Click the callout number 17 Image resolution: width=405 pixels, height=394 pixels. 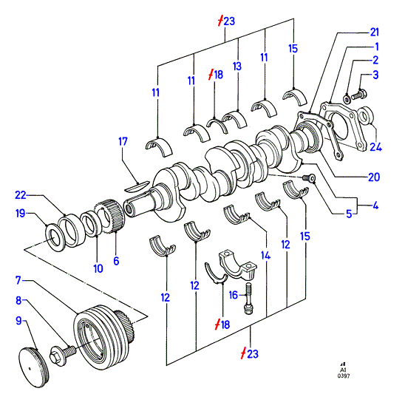click(123, 142)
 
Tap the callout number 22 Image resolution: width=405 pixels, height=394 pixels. click(21, 195)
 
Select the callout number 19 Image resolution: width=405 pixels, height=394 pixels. click(21, 214)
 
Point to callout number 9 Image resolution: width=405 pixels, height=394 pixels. click(18, 321)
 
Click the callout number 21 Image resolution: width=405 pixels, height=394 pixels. click(374, 32)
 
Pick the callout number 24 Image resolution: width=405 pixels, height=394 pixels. click(376, 147)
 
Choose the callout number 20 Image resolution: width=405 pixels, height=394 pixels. click(374, 177)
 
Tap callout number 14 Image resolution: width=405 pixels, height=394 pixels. click(265, 255)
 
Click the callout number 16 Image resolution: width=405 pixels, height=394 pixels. click(234, 295)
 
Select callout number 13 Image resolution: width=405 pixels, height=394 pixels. click(237, 66)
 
